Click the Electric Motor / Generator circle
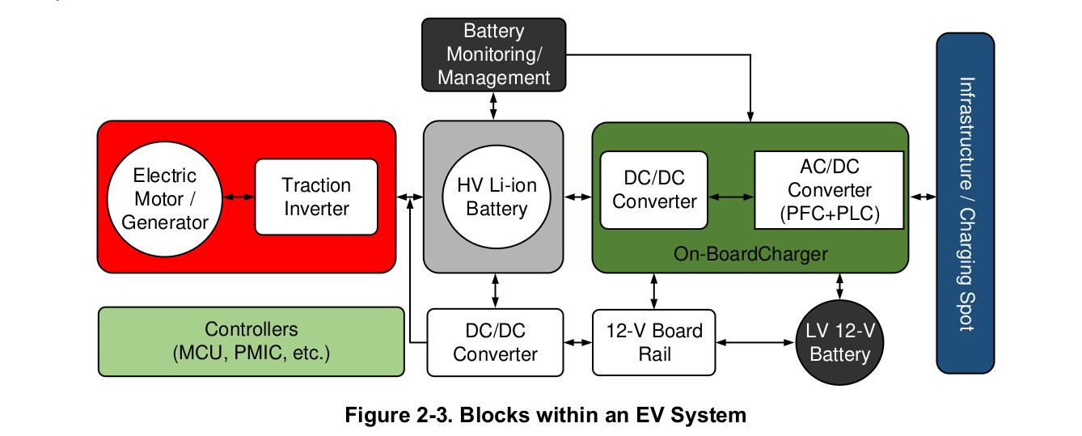click(x=164, y=198)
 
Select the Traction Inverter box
click(x=316, y=197)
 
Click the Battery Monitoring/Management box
click(x=493, y=55)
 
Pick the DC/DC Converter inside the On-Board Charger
click(x=653, y=190)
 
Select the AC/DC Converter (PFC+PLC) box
click(x=829, y=191)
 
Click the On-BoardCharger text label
click(x=750, y=254)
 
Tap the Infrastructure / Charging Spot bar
click(x=965, y=203)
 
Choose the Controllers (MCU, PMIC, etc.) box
click(x=251, y=341)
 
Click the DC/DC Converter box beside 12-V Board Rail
click(x=495, y=342)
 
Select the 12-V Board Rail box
click(x=653, y=342)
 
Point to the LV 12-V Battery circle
click(x=839, y=343)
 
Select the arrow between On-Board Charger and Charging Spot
click(x=922, y=197)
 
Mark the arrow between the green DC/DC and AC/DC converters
click(x=731, y=197)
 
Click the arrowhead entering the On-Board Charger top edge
click(x=751, y=115)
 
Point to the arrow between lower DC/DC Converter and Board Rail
click(x=577, y=343)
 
